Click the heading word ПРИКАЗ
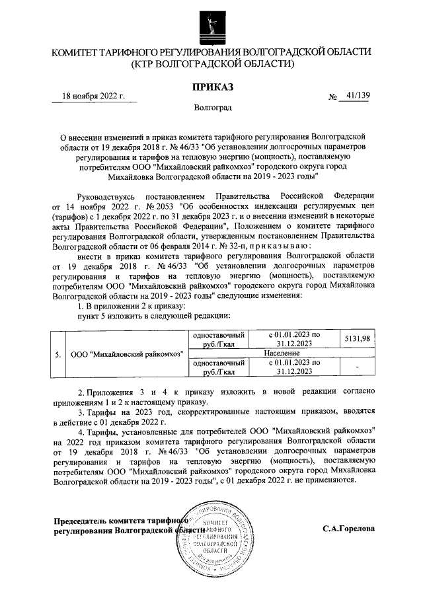[x=211, y=87]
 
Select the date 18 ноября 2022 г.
[x=93, y=96]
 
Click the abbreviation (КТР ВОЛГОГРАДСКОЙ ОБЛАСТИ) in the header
[x=211, y=64]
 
